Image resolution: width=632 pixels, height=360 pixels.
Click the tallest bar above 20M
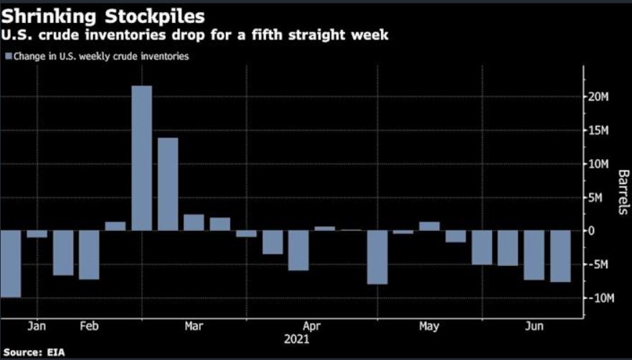[141, 158]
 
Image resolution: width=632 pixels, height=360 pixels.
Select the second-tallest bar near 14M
[168, 184]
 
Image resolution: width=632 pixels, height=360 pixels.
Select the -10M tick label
[599, 298]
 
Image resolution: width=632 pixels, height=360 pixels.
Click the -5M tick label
[598, 264]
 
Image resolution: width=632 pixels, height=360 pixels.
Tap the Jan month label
[37, 326]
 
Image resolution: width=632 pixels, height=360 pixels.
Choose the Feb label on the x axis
[89, 326]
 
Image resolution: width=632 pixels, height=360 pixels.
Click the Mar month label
[194, 326]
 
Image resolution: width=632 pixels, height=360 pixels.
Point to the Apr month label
[311, 326]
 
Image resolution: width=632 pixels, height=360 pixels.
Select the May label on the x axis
[429, 326]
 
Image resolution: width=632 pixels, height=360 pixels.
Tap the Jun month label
[534, 326]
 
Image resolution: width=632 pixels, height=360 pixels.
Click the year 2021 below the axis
[297, 338]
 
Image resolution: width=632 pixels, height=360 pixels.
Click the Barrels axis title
[623, 192]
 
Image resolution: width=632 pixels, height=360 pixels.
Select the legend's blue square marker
[8, 56]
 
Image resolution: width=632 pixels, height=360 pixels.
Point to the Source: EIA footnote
[32, 353]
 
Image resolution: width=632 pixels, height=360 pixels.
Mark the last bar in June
[560, 256]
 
